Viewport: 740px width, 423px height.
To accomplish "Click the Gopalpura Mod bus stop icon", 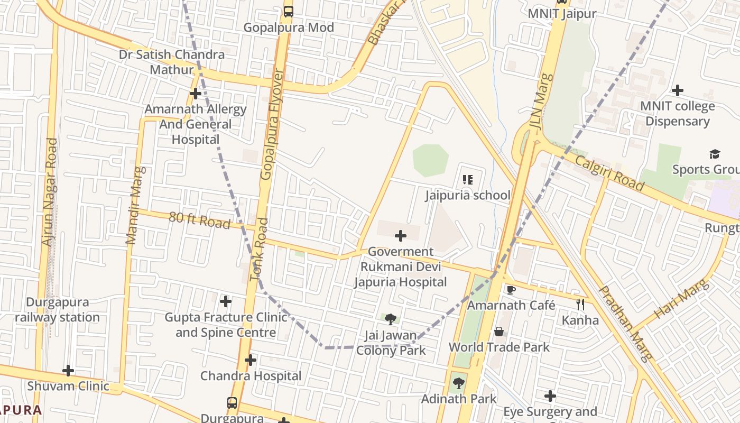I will coord(289,11).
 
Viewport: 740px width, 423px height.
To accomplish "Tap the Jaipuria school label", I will coord(468,195).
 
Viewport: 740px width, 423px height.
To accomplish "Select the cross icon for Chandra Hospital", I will coord(251,361).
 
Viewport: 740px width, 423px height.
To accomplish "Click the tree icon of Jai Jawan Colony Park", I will coord(391,319).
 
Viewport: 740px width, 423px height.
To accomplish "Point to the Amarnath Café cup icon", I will coord(511,290).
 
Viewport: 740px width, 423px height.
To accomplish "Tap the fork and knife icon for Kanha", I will coord(580,304).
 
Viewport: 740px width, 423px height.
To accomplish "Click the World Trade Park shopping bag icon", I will coord(499,332).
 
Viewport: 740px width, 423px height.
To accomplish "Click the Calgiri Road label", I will coord(609,173).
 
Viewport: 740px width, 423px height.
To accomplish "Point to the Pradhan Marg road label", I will coord(625,323).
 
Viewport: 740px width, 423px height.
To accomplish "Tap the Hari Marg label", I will coord(681,299).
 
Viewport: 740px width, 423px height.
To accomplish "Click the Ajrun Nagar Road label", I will coord(49,191).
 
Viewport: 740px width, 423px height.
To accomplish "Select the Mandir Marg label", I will coord(135,205).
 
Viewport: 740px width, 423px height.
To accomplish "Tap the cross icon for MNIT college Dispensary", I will coord(677,90).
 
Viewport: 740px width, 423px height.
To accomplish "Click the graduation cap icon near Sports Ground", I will coord(715,154).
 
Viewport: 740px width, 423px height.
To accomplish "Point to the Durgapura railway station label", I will coord(57,310).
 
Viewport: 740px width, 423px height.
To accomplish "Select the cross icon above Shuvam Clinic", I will coord(68,371).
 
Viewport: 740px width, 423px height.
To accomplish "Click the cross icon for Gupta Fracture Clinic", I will coord(226,301).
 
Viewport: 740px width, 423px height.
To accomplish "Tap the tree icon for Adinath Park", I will coord(458,383).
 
